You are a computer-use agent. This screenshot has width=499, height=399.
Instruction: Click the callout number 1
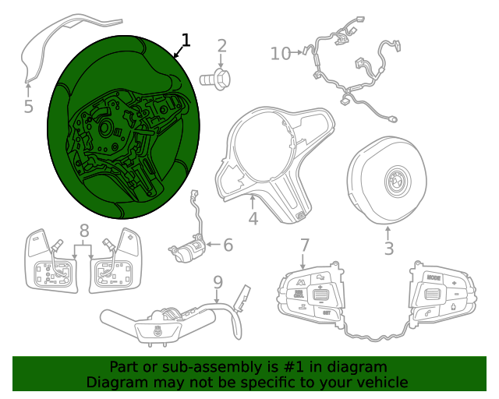pos(186,41)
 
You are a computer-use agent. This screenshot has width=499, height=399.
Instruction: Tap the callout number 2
pos(221,46)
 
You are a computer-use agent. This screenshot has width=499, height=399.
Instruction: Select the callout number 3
pos(389,249)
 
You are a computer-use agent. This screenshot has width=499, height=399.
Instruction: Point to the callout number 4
pos(253,219)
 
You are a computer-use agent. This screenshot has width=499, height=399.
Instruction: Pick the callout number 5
pos(28,106)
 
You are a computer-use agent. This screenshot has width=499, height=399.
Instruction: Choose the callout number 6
pos(228,245)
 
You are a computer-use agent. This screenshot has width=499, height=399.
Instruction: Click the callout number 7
pos(305,245)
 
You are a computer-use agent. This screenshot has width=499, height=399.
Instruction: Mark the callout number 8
pos(84,231)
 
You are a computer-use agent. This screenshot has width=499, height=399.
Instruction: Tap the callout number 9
pos(218,282)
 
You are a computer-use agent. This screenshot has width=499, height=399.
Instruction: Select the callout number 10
pos(281,54)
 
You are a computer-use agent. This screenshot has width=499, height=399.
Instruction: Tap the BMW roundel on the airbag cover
pos(398,182)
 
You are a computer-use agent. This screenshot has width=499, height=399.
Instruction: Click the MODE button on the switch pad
pos(434,277)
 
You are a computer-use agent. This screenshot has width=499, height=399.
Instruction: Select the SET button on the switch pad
pos(327,312)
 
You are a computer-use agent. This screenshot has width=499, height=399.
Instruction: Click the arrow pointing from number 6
pos(214,245)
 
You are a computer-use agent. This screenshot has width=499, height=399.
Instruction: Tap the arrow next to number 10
pos(296,52)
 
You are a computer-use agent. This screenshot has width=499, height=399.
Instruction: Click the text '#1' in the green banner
pos(293,367)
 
